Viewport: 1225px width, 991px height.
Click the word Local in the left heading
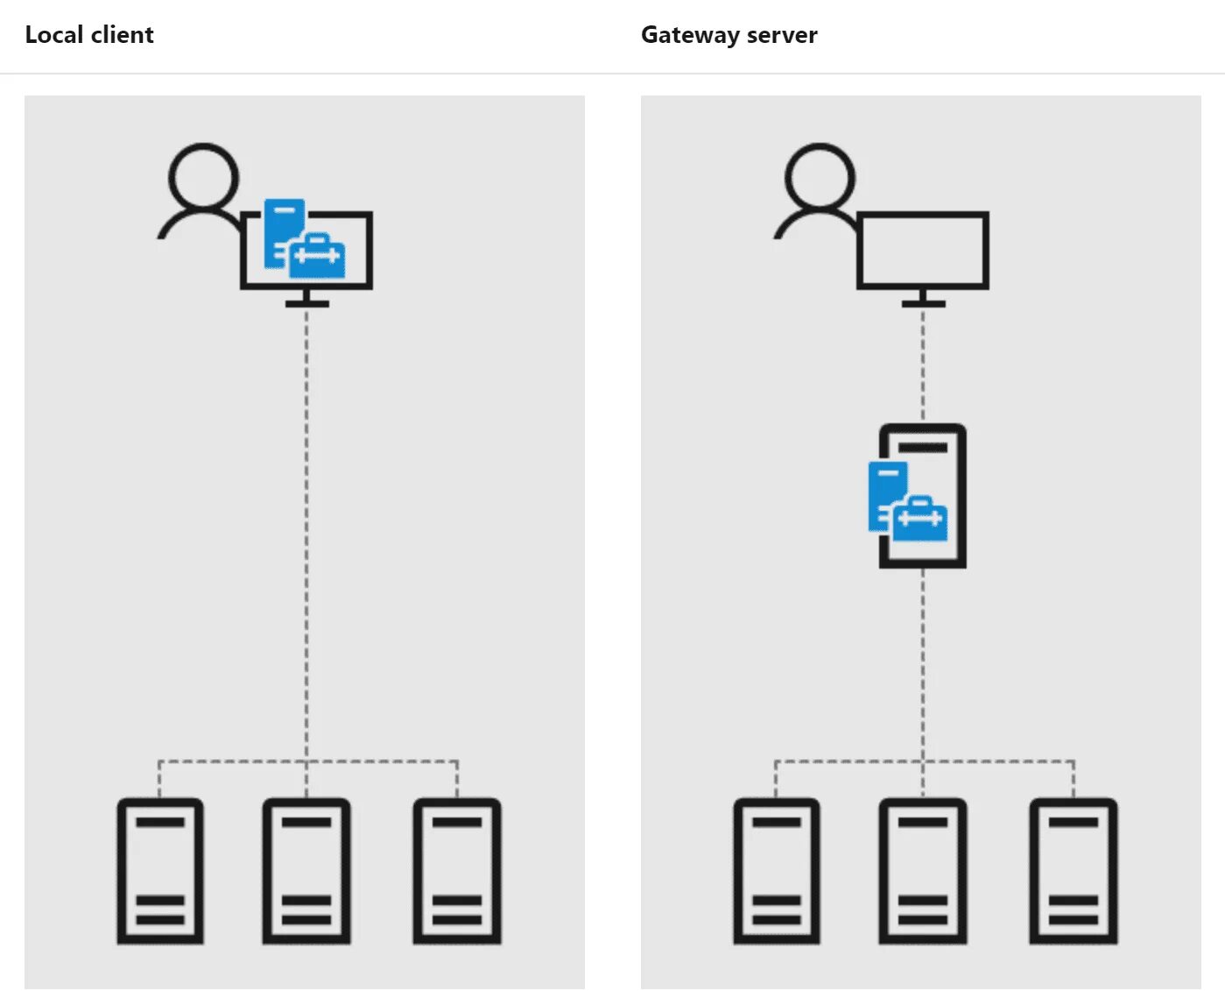pyautogui.click(x=53, y=35)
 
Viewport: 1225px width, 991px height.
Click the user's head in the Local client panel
pyautogui.click(x=204, y=177)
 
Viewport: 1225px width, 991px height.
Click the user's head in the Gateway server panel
pyautogui.click(x=820, y=177)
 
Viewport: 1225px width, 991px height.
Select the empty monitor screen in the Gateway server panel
pyautogui.click(x=923, y=250)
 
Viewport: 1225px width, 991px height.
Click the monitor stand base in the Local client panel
pyautogui.click(x=306, y=303)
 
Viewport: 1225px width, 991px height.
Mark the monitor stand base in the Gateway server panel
pyautogui.click(x=923, y=303)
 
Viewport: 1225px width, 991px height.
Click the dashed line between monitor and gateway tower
pyautogui.click(x=923, y=364)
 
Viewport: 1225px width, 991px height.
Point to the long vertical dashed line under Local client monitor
pyautogui.click(x=306, y=526)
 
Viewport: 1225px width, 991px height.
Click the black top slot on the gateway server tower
pyautogui.click(x=923, y=447)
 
